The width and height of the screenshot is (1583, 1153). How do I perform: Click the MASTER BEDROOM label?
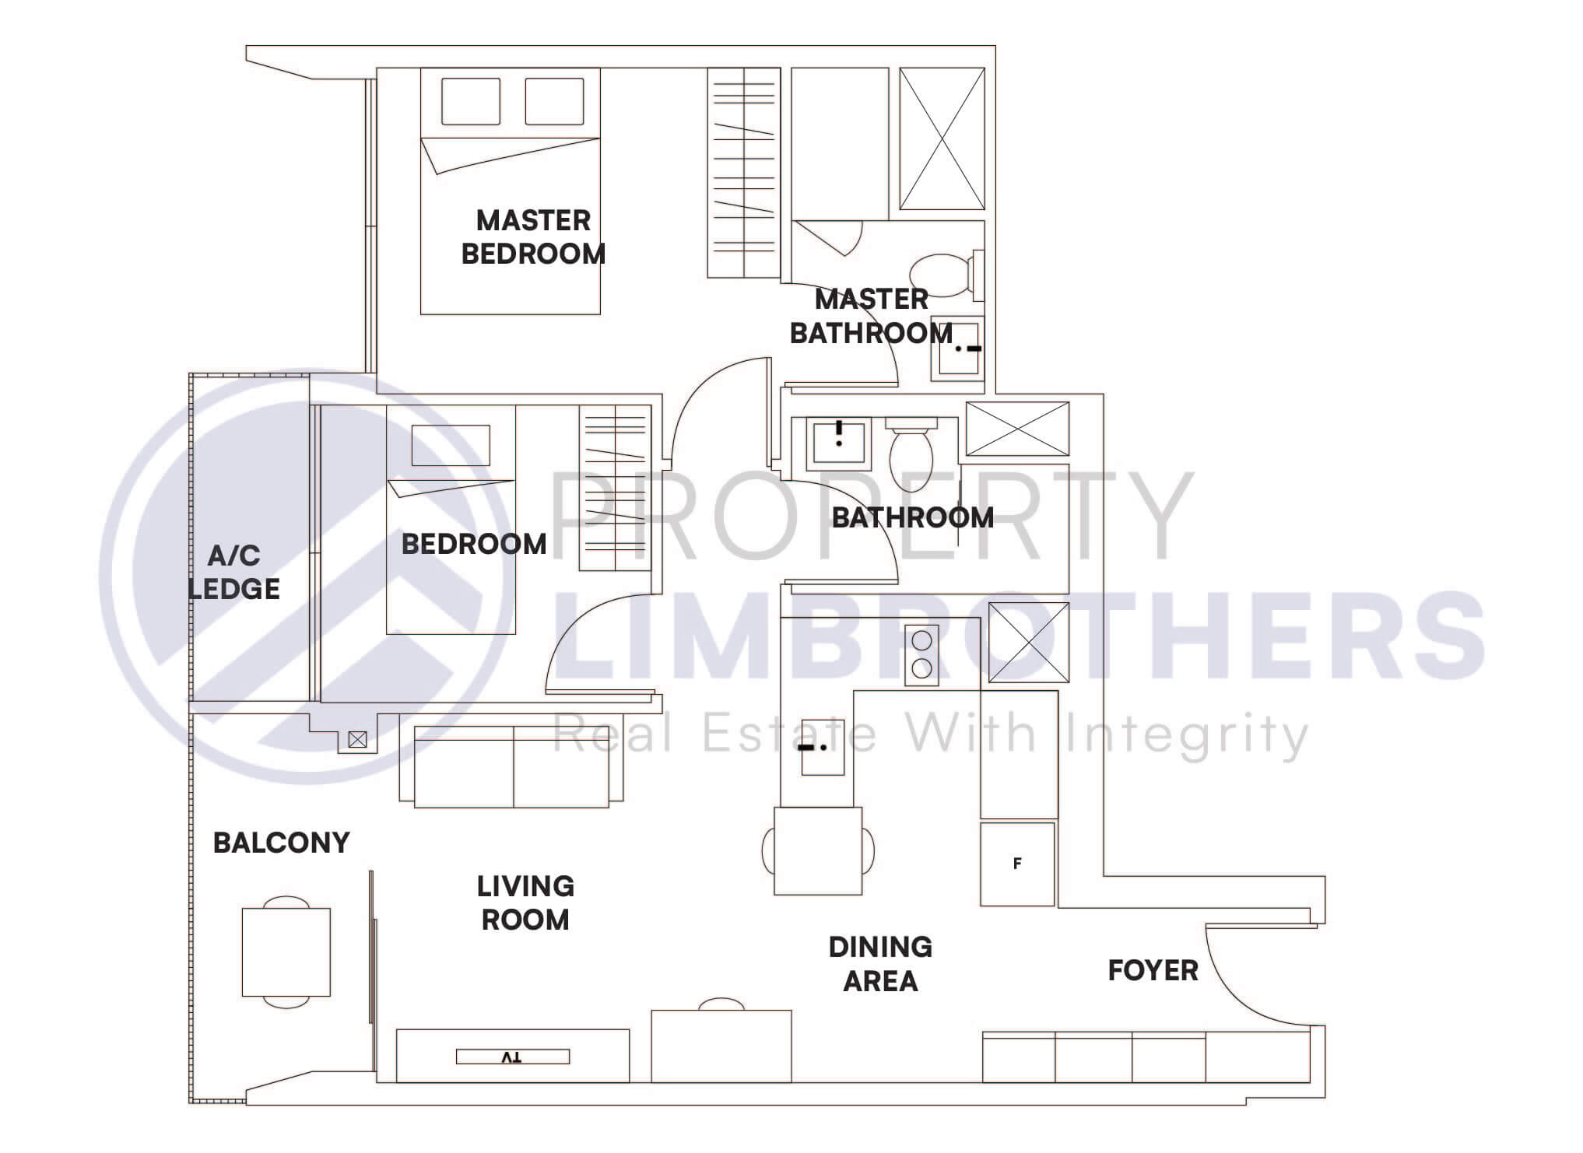click(533, 237)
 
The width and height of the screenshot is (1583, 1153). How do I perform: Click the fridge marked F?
click(1016, 864)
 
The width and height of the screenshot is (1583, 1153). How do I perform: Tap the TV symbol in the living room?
click(512, 1057)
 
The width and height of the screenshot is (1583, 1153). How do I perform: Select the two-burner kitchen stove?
click(921, 654)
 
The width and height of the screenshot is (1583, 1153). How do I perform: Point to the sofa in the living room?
click(511, 766)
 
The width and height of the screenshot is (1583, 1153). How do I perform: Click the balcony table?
click(286, 951)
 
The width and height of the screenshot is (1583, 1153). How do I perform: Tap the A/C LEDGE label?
click(234, 572)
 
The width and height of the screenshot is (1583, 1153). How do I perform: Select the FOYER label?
click(1153, 970)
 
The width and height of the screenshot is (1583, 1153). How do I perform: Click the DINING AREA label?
click(880, 964)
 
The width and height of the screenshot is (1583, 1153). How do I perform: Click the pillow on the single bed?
click(451, 445)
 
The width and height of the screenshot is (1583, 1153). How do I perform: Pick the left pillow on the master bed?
click(471, 101)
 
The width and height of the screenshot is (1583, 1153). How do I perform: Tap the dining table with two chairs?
click(818, 850)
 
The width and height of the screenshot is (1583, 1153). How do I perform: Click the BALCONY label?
click(281, 843)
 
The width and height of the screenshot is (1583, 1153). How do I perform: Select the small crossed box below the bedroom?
click(357, 740)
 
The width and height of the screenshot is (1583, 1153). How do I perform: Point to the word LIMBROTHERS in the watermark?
click(1020, 634)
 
